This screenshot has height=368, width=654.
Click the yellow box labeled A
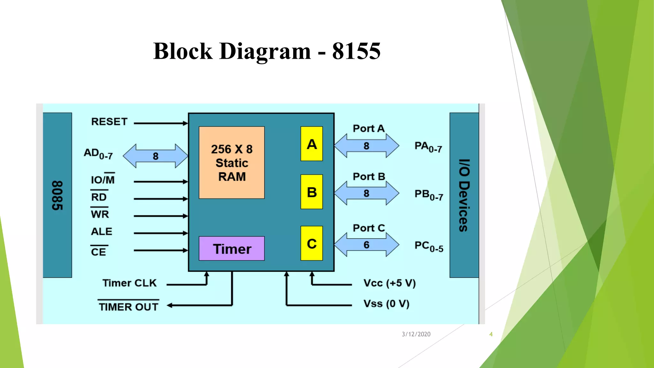click(x=311, y=144)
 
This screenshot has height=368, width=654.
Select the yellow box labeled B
click(x=311, y=192)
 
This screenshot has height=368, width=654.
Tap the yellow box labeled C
click(x=311, y=243)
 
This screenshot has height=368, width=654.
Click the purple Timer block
click(x=232, y=249)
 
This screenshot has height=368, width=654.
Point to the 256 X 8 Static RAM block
click(x=232, y=163)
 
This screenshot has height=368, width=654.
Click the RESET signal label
click(x=109, y=122)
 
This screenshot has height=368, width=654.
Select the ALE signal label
click(x=102, y=231)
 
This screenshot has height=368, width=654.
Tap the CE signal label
click(x=98, y=252)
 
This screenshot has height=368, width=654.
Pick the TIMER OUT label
click(x=128, y=307)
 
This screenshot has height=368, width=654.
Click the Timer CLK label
click(x=129, y=283)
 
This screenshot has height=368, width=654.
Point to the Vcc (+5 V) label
click(x=389, y=283)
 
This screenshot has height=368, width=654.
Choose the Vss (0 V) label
click(x=386, y=303)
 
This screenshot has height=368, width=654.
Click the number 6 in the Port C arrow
click(x=366, y=245)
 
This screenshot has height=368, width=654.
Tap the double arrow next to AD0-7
click(x=156, y=156)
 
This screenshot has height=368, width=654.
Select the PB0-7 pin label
click(x=429, y=195)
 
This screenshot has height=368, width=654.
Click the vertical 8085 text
click(x=57, y=195)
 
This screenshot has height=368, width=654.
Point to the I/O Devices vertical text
click(x=464, y=195)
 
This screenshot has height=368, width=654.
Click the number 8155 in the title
click(x=356, y=51)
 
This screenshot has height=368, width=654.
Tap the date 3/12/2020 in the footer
click(x=416, y=334)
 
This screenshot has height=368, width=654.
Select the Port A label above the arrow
click(x=369, y=128)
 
